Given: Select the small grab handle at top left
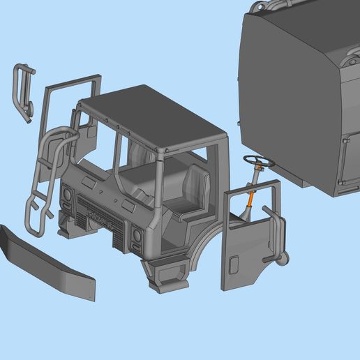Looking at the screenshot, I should coord(23,91).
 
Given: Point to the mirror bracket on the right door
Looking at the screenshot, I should coord(276,230).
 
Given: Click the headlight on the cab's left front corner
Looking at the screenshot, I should coord(68,200).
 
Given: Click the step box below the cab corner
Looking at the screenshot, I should coord(166,276).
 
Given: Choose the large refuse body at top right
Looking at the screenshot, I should coord(293,91).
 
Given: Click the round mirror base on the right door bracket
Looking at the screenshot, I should coord(284,260).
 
